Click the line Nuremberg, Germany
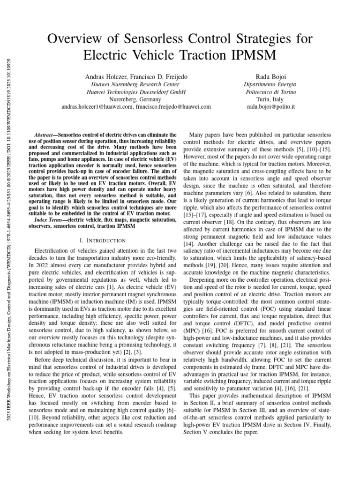pos(136,99)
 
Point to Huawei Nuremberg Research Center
pos(136,84)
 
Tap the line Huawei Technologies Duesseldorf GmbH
pos(136,92)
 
